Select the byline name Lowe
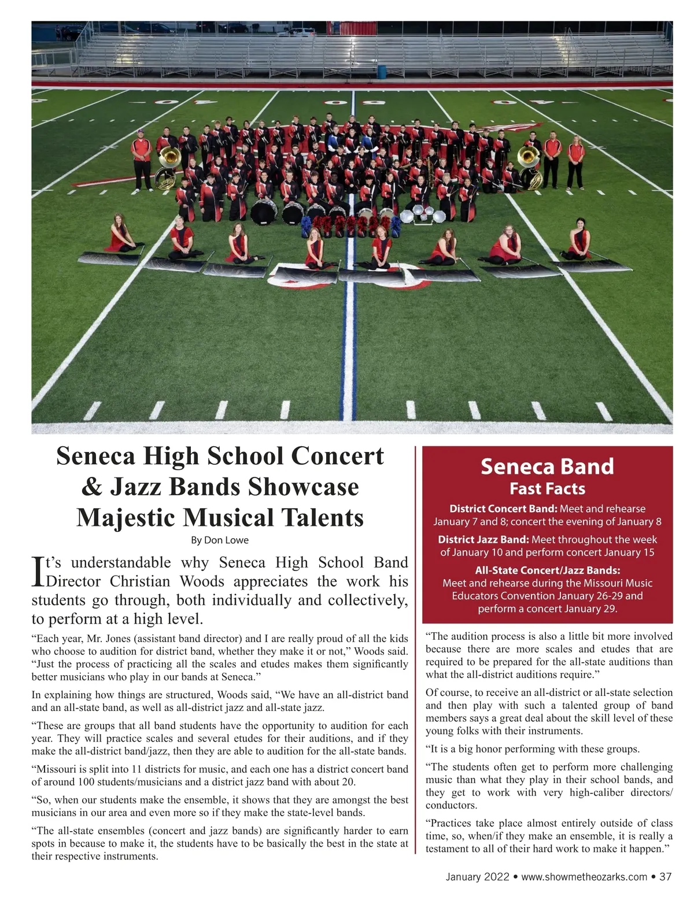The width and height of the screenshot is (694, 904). coord(237,540)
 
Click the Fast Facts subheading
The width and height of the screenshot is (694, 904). coord(547,489)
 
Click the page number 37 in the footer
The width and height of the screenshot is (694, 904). coord(665,877)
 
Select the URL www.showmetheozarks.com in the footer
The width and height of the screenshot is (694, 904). coord(584,877)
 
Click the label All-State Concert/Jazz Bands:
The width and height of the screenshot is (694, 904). coord(547,570)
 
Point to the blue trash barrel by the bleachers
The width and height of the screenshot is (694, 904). coord(381,71)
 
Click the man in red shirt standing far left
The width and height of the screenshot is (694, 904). coord(141,160)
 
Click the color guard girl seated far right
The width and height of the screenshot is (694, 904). coord(578,239)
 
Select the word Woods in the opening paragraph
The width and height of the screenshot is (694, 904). coord(202,581)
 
